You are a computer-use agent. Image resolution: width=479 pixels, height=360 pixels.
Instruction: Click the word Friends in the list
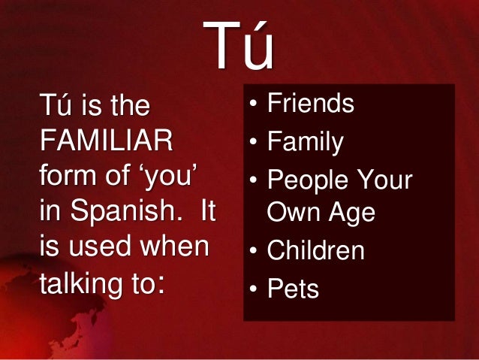311,104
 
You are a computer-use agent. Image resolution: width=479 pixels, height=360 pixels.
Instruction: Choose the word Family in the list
306,141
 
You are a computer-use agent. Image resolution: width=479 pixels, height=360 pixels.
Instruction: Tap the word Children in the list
316,251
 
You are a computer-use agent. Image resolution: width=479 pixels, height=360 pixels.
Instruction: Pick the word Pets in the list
294,289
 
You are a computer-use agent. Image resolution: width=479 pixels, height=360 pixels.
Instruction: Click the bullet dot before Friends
254,104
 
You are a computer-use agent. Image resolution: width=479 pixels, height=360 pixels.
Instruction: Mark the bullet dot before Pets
254,289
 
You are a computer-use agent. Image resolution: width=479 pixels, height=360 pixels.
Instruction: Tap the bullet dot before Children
254,251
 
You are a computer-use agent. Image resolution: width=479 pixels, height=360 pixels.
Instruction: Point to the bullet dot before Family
254,141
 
